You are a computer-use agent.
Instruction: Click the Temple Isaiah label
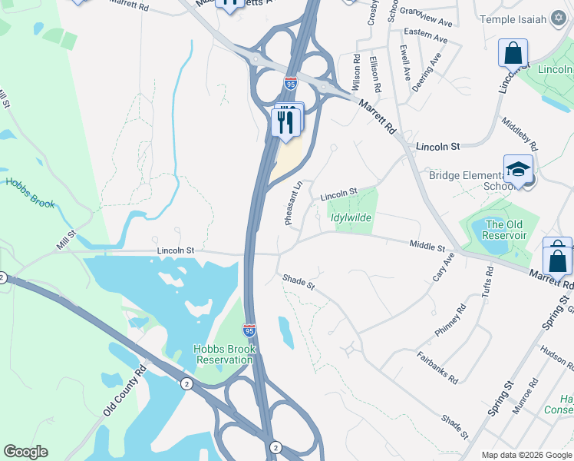click(x=514, y=18)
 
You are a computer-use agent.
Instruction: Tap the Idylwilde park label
click(x=351, y=218)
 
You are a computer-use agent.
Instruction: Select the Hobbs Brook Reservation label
click(x=224, y=354)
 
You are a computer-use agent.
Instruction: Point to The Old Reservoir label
click(x=506, y=230)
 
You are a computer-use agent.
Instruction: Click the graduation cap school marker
click(x=518, y=171)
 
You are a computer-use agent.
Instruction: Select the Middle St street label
click(x=427, y=246)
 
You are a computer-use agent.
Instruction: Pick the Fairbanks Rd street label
click(x=438, y=367)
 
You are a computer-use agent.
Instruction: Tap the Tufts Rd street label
click(x=487, y=284)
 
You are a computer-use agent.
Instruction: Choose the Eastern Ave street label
click(x=425, y=36)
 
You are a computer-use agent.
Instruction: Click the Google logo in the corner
click(x=25, y=452)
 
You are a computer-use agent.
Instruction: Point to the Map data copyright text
click(x=526, y=455)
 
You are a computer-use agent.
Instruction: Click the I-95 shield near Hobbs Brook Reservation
click(x=249, y=330)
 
